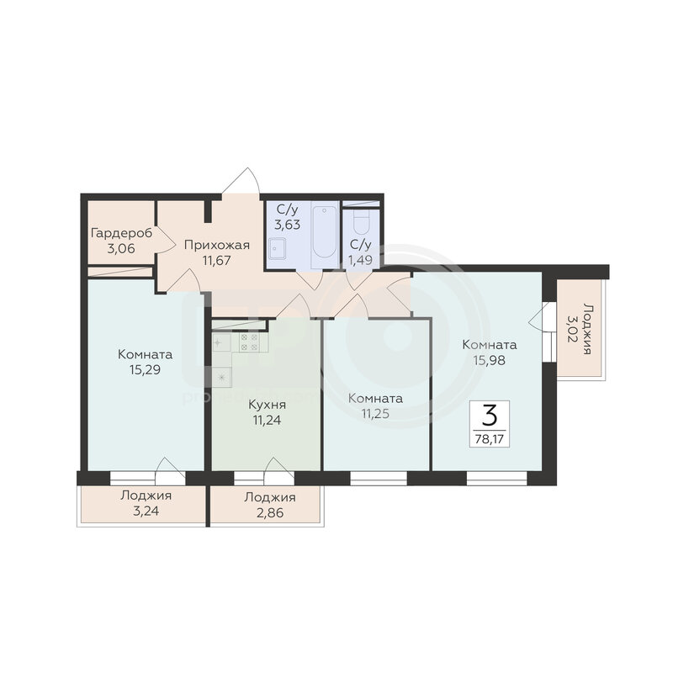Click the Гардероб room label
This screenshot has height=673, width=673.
[x=121, y=234]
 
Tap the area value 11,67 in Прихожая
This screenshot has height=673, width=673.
[x=217, y=261]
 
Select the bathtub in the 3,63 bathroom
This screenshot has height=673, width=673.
[x=325, y=232]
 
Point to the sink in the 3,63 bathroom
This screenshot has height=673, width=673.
[x=278, y=249]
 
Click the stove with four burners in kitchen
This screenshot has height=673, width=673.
[x=249, y=342]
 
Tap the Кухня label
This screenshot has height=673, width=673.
[x=267, y=405]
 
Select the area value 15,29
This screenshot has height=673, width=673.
[x=145, y=370]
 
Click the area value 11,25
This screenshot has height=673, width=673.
[x=375, y=414]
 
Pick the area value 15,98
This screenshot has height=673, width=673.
[x=490, y=361]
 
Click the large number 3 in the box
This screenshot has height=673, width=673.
[x=490, y=416]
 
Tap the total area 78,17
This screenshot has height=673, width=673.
[x=490, y=439]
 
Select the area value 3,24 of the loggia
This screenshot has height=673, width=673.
[x=146, y=511]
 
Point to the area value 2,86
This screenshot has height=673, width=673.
[x=270, y=513]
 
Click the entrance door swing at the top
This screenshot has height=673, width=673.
[x=241, y=181]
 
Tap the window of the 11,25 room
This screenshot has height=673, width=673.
[x=379, y=479]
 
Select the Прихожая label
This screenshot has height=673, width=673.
[x=217, y=245]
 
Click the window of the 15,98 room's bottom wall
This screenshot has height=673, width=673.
[x=496, y=479]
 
